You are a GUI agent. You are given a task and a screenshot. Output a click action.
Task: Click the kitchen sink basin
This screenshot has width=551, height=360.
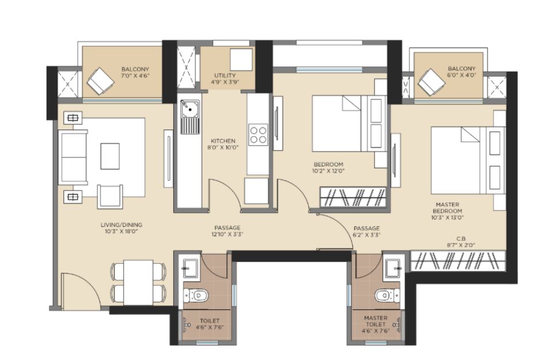click(x=190, y=109)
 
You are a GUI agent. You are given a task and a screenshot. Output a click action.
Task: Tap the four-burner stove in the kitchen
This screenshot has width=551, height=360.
click(x=258, y=135)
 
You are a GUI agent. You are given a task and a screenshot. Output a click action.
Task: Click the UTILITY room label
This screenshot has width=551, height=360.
click(x=225, y=75)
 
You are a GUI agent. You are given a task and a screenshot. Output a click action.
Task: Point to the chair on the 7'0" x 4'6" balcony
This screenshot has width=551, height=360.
click(x=101, y=81)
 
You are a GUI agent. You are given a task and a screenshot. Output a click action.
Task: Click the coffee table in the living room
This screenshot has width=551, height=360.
click(x=110, y=156)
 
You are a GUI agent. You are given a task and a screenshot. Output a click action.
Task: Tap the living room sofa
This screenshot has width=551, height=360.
click(x=73, y=157)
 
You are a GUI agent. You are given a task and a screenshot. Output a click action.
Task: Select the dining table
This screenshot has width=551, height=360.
click(x=138, y=282)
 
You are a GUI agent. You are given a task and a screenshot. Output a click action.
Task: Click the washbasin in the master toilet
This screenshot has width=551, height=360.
click(x=392, y=268)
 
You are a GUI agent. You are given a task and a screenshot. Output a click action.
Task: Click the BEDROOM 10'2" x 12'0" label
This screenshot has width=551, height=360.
click(x=329, y=168)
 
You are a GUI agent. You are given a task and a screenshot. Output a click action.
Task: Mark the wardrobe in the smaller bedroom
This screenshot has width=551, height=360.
click(x=353, y=197)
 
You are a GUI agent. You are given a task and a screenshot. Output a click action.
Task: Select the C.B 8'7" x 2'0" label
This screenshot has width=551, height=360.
click(x=461, y=242)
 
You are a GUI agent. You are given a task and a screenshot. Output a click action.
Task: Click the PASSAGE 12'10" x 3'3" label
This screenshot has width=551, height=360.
click(x=227, y=231)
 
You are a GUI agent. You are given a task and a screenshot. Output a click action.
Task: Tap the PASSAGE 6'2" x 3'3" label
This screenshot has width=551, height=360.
click(x=367, y=232)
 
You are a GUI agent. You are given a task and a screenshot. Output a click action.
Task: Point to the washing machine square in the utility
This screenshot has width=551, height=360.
click(x=241, y=59)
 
